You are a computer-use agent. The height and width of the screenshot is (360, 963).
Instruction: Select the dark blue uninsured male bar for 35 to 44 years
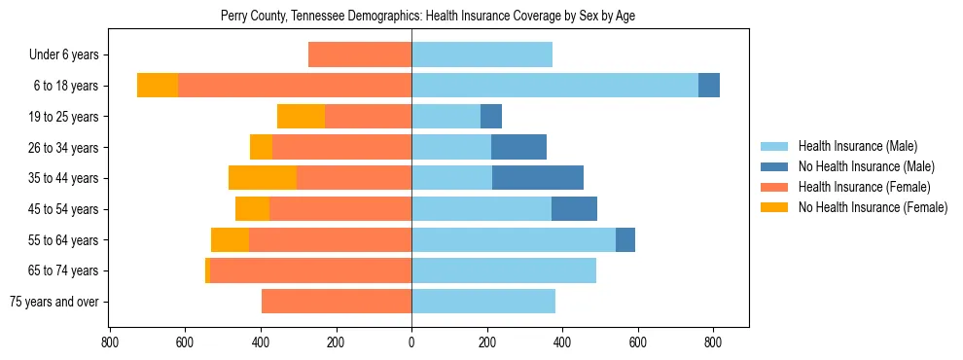pos(538,178)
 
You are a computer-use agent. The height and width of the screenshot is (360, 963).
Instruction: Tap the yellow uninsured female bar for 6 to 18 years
pos(158,86)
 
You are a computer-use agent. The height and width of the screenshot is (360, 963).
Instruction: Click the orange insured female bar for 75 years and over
pos(337,302)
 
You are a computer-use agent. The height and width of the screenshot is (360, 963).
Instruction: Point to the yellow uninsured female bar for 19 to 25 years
pos(301,117)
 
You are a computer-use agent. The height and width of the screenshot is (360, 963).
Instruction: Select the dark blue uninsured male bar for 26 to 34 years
pos(518,147)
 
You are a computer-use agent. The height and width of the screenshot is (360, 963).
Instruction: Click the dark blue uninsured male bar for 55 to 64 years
pos(625,239)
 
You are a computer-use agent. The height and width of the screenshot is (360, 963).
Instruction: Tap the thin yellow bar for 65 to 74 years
pos(207,270)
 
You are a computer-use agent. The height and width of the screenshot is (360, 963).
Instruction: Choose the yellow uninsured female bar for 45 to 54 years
pos(252,209)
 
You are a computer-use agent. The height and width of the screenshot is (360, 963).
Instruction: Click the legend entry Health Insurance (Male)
pos(857,146)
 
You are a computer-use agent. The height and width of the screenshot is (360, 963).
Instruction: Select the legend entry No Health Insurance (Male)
pos(864,166)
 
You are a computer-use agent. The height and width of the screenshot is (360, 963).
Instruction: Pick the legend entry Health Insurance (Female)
pos(864,187)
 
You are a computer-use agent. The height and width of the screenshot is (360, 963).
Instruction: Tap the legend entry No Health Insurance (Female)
pos(872,207)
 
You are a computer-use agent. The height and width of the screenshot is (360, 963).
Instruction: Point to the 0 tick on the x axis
pos(411,342)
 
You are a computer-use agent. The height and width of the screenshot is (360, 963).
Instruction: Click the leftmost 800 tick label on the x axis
pos(109,342)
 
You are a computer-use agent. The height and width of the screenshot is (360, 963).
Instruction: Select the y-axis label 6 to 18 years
pos(65,86)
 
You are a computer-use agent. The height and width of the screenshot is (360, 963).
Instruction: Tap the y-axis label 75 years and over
pos(53,302)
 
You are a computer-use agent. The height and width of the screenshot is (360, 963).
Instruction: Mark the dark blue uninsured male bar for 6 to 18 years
pos(709,86)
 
